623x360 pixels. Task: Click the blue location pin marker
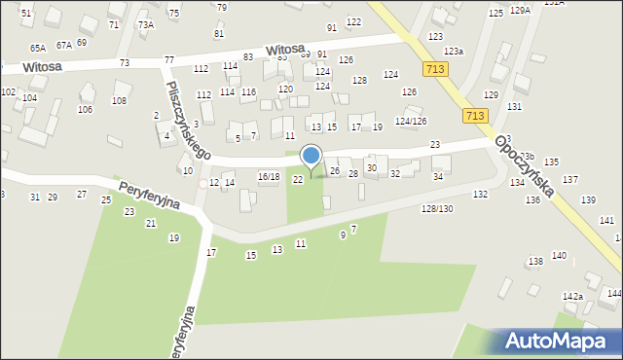click(x=311, y=157)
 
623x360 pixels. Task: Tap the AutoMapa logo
click(x=559, y=341)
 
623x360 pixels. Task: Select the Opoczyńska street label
click(x=525, y=166)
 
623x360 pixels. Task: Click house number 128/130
click(x=437, y=209)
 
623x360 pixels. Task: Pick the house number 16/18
click(x=268, y=177)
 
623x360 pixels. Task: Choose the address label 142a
click(x=572, y=297)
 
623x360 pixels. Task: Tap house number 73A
click(x=145, y=24)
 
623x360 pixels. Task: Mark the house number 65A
click(x=38, y=48)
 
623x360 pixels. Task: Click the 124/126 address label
click(x=411, y=121)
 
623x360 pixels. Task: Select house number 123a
click(x=454, y=51)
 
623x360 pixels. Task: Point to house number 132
click(x=480, y=195)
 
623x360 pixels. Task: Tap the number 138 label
click(x=535, y=262)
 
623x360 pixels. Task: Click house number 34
click(x=438, y=177)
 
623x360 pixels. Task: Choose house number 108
click(x=120, y=100)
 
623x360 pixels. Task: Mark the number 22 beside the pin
click(x=298, y=178)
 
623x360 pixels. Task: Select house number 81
click(x=218, y=34)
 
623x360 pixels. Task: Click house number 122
click(x=353, y=21)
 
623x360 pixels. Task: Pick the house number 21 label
click(x=150, y=224)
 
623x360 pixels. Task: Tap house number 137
click(x=569, y=180)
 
